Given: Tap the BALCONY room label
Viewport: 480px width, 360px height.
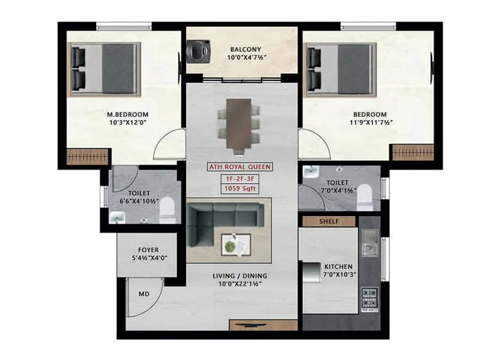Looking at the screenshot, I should (x=244, y=49).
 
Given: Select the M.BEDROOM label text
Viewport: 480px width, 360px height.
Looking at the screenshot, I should (x=127, y=114).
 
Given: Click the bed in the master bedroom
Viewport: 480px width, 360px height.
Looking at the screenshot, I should (x=106, y=69).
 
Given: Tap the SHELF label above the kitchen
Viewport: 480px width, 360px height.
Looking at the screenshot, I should (x=329, y=221).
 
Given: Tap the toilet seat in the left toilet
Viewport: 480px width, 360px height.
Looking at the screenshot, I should (x=167, y=211).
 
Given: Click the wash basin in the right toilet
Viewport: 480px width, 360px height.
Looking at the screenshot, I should (x=311, y=173).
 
